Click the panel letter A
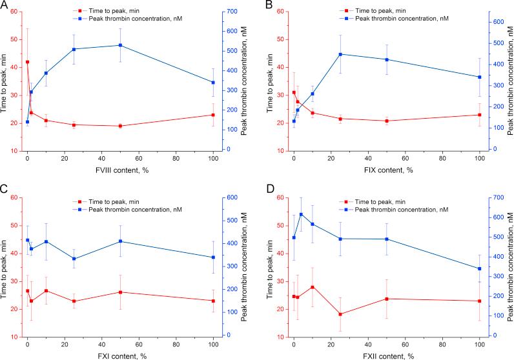[x=5, y=5]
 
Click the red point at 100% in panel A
[x=213, y=115]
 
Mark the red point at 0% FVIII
[x=27, y=62]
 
